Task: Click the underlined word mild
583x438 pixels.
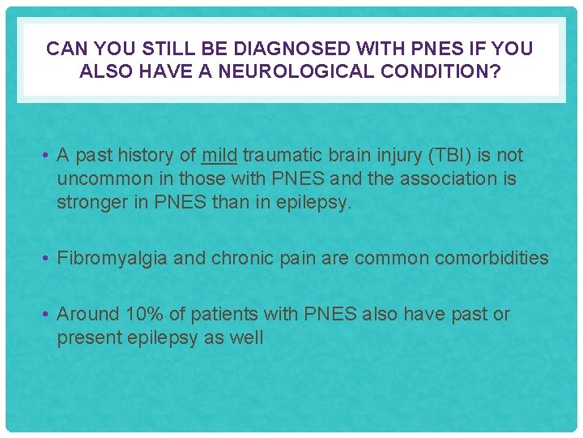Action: (219, 155)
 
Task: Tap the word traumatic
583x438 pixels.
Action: (282, 155)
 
